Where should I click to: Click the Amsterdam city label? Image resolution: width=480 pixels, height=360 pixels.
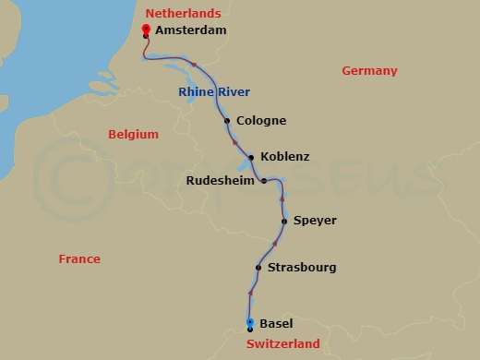(191, 30)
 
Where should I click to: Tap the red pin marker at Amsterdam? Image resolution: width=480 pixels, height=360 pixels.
(146, 30)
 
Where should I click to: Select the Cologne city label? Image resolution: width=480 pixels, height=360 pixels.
(261, 121)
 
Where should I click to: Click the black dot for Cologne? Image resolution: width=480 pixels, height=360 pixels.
(227, 121)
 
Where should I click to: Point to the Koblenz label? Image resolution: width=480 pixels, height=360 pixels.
(285, 157)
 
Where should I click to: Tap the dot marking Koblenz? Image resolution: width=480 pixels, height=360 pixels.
(251, 157)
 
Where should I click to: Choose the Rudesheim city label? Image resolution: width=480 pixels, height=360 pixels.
(221, 181)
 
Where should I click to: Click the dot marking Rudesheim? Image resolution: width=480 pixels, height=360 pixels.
(264, 181)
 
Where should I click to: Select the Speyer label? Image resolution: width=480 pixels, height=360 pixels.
(315, 221)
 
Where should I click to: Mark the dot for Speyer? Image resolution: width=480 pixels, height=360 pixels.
(284, 222)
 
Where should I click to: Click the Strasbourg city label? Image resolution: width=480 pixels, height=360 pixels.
(301, 268)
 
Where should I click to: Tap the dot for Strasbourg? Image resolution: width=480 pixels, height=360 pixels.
(258, 269)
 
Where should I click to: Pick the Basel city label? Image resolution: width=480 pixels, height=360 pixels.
(277, 324)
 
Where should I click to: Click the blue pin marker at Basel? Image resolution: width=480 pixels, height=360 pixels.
(250, 322)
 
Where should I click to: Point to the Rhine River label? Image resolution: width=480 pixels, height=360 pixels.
(214, 91)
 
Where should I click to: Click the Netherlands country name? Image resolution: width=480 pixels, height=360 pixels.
(184, 13)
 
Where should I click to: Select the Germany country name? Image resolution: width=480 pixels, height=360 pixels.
(369, 71)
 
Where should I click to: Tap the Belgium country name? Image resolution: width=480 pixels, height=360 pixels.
(134, 135)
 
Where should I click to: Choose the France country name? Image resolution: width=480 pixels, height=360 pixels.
(79, 259)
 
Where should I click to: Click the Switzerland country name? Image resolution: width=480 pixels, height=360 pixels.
(283, 344)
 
